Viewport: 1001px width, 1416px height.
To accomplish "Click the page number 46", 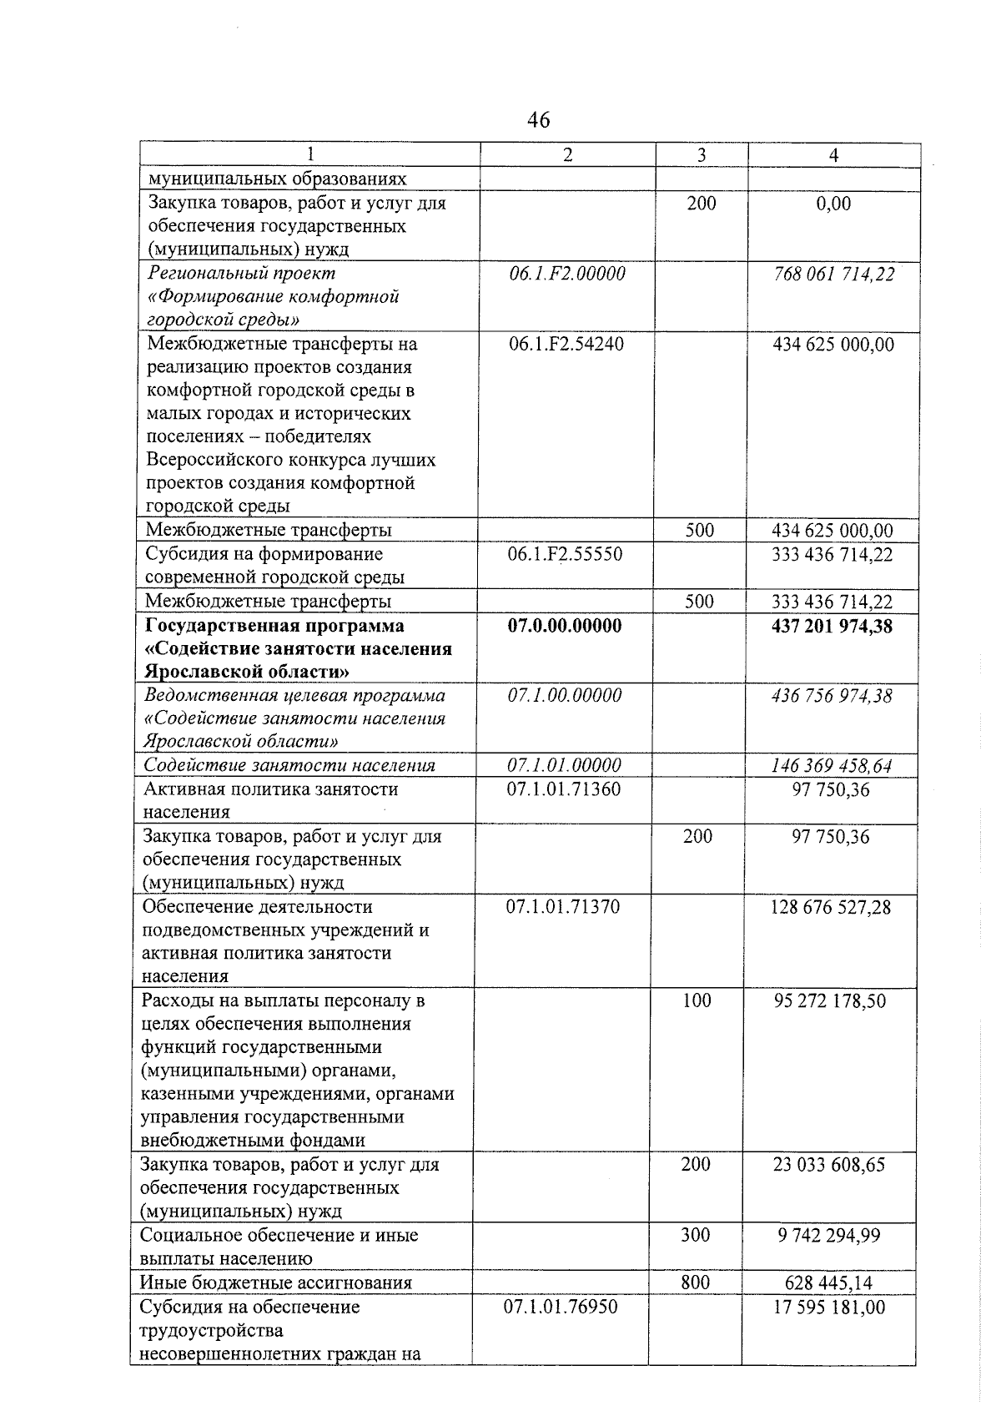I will tap(539, 120).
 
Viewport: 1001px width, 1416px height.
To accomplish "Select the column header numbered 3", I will tap(702, 155).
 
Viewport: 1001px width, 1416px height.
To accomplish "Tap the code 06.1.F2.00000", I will tap(567, 274).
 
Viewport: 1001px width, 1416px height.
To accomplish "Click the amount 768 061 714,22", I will tap(833, 274).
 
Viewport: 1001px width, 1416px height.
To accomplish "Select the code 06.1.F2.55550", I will tap(566, 554).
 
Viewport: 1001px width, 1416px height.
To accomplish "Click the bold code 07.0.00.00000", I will tap(565, 626).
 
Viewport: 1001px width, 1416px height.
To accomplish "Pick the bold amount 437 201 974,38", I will tap(832, 626).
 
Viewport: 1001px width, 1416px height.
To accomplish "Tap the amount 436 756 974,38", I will tap(832, 695).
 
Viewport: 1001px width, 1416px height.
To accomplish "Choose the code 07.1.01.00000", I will tap(565, 765).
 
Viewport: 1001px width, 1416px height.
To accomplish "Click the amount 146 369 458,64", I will tap(832, 765).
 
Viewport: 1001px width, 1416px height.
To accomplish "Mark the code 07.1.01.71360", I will tap(564, 789).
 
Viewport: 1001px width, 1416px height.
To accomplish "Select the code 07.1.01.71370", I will tap(563, 906).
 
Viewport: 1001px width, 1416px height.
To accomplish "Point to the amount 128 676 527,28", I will tap(830, 906).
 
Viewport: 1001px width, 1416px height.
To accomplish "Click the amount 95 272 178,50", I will tap(830, 1000).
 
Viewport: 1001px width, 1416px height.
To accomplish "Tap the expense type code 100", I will tap(697, 1000).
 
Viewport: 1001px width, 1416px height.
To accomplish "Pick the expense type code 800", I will tap(695, 1282).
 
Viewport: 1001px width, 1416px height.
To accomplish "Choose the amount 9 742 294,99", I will tap(828, 1235).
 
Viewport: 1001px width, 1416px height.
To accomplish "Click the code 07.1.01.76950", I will tap(561, 1306).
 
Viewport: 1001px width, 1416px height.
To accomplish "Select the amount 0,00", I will tap(834, 203).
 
